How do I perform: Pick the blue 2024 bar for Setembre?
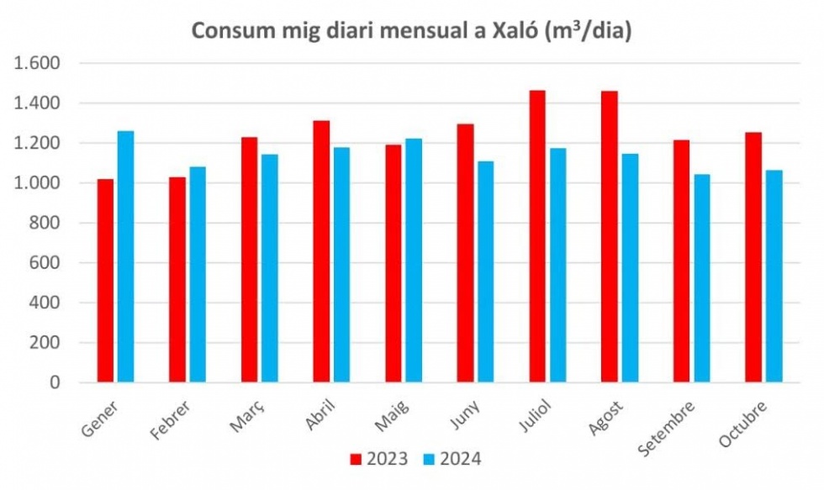(701, 278)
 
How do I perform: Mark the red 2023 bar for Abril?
(321, 251)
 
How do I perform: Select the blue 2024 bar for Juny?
(485, 271)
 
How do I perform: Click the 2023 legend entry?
(378, 459)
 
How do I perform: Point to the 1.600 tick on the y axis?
(37, 63)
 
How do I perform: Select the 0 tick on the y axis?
(55, 382)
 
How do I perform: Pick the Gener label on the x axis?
(100, 417)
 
